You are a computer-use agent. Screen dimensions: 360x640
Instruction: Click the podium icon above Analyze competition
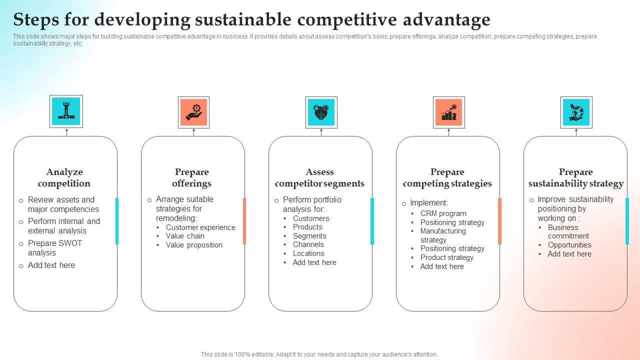(x=66, y=111)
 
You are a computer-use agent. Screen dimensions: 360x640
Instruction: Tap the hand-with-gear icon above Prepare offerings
(x=193, y=112)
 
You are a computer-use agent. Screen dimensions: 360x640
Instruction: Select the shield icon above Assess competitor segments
(x=321, y=112)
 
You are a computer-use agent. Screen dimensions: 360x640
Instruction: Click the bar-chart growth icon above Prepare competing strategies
(x=448, y=112)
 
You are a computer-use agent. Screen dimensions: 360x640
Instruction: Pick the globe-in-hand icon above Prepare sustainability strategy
(x=576, y=112)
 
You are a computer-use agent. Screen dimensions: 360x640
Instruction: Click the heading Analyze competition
(x=64, y=177)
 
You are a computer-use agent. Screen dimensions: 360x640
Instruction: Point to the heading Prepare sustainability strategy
(x=576, y=177)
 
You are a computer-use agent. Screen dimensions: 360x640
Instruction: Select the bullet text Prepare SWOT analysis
(x=54, y=248)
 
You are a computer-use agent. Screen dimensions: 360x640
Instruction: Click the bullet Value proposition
(x=194, y=245)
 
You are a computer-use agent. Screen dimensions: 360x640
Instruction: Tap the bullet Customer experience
(x=200, y=227)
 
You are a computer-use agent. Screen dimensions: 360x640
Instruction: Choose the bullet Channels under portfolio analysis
(x=308, y=244)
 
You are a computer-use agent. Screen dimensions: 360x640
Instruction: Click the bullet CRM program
(x=443, y=213)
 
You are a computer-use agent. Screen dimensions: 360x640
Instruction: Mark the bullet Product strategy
(x=446, y=257)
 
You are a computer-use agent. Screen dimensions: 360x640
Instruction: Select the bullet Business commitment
(x=568, y=231)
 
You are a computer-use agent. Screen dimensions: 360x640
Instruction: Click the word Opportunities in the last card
(x=569, y=245)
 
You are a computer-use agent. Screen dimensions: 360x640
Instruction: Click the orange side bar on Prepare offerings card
(x=244, y=221)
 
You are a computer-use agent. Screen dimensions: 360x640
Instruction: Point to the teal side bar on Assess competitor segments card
(x=372, y=221)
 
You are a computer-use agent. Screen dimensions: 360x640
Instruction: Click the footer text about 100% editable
(x=319, y=354)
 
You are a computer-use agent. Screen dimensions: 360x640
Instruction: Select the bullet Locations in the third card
(x=308, y=253)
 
